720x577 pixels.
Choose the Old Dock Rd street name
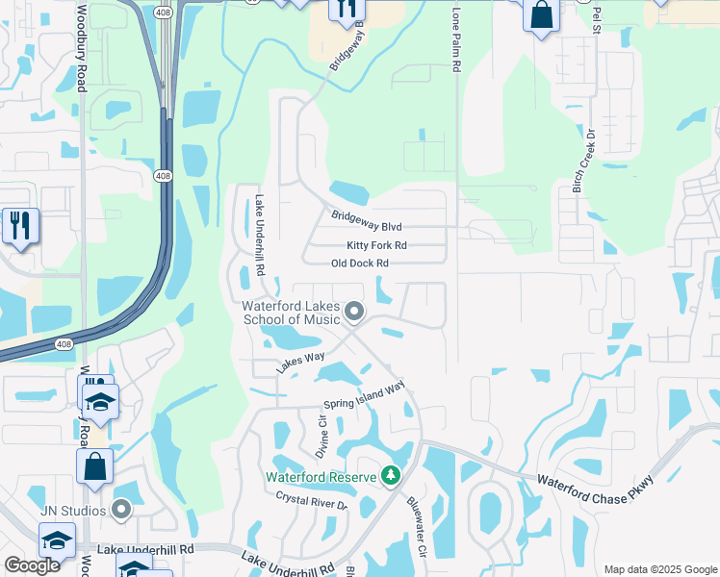point(359,263)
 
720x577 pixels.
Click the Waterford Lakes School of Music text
point(291,314)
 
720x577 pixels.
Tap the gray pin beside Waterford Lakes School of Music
point(354,311)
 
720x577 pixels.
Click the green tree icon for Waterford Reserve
point(390,476)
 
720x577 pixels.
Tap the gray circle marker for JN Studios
point(120,509)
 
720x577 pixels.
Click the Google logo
point(32,566)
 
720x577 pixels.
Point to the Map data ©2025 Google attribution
point(659,569)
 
